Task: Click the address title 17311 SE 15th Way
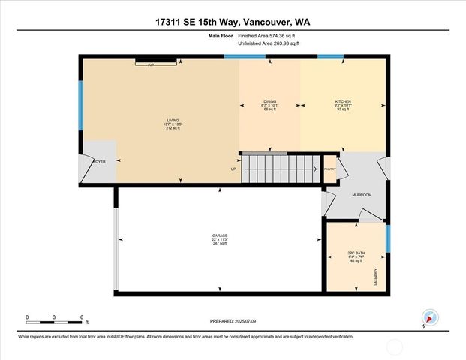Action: (233, 22)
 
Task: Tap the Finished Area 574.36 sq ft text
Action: (269, 36)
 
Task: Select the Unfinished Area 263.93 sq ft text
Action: (269, 44)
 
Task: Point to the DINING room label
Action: (269, 101)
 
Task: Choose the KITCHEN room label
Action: (343, 101)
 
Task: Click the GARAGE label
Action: (219, 236)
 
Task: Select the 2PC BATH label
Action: (355, 253)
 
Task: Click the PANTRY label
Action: (329, 169)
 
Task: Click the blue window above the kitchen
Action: (330, 57)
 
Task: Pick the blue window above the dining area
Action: (245, 57)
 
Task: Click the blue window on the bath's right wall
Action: (388, 238)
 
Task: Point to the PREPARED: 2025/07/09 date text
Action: (233, 321)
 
